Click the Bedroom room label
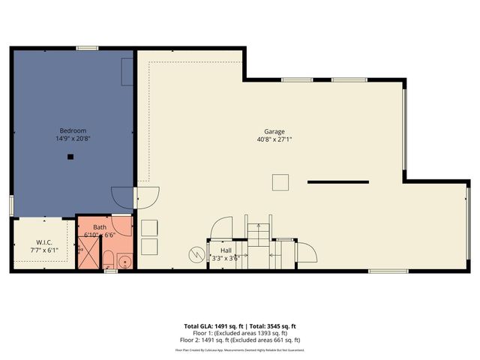(x=62, y=130)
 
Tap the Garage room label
(x=274, y=131)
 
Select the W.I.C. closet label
(x=43, y=241)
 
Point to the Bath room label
(x=100, y=227)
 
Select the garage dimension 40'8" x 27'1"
(x=274, y=139)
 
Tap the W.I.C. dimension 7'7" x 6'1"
(x=43, y=250)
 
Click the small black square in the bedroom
(x=69, y=157)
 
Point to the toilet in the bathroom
(x=107, y=261)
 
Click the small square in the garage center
(x=280, y=182)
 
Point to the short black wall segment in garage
(x=337, y=181)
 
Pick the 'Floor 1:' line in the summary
(x=240, y=334)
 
